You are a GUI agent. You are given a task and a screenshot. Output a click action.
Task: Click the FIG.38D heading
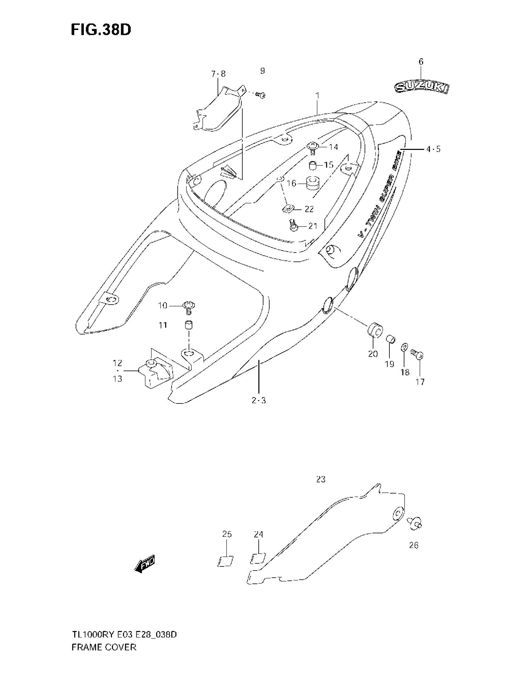pyautogui.click(x=101, y=30)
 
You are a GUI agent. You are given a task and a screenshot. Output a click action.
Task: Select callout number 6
pyautogui.click(x=421, y=61)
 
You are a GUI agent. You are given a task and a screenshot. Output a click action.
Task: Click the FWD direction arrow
pyautogui.click(x=145, y=564)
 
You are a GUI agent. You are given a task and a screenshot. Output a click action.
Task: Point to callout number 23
pyautogui.click(x=321, y=479)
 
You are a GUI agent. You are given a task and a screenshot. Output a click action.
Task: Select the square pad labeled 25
pyautogui.click(x=225, y=560)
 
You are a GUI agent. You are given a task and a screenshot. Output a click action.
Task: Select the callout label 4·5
pyautogui.click(x=433, y=150)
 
